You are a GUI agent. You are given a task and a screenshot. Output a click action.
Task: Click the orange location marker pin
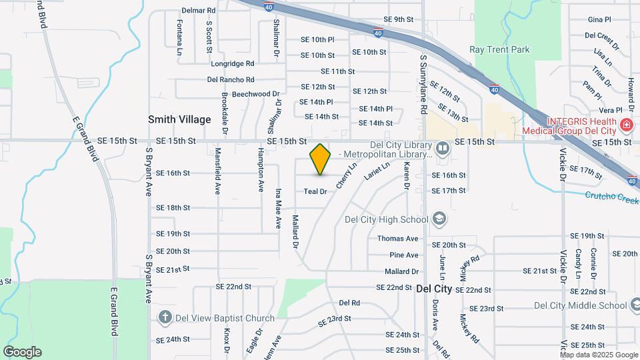point(321,159)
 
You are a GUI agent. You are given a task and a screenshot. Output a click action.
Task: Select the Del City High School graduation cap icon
point(439,218)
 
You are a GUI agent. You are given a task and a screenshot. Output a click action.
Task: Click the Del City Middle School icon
point(633,305)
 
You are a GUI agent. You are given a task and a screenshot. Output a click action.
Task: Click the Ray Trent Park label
point(499,49)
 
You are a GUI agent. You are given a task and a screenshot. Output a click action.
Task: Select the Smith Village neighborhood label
point(179,119)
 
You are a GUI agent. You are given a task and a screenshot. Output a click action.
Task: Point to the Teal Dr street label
point(315,191)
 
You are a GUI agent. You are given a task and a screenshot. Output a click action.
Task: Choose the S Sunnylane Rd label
point(423,84)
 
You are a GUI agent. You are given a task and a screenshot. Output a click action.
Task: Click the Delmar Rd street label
point(199,11)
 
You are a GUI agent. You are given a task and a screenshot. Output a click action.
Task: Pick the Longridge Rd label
point(233,63)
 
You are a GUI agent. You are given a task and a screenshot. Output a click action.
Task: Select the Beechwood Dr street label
point(255,94)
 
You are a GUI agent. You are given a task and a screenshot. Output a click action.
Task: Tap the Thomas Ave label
point(397,239)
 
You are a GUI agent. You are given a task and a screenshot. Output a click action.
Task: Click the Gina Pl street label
point(600,19)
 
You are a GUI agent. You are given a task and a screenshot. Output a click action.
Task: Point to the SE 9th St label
point(399,19)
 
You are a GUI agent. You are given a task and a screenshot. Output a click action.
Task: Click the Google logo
point(22,352)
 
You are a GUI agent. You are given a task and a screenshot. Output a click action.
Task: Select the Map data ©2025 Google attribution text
point(599,355)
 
